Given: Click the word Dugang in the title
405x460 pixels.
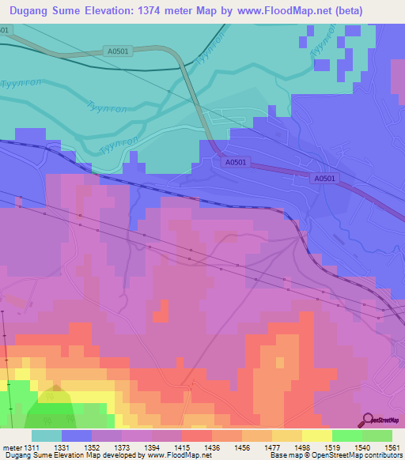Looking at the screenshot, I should (x=36, y=11).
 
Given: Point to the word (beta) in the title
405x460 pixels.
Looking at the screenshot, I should (x=378, y=11).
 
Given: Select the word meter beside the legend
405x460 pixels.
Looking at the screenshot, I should (x=15, y=447).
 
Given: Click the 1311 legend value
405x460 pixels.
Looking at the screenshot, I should (x=32, y=447).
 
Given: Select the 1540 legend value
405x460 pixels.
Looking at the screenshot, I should (x=363, y=447).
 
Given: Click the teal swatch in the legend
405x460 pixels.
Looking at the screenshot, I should (x=47, y=435).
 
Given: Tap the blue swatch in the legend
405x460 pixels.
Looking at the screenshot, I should (x=77, y=435).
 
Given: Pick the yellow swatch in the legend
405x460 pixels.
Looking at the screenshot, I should (x=317, y=435).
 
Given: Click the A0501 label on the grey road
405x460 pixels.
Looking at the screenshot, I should (x=115, y=52).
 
